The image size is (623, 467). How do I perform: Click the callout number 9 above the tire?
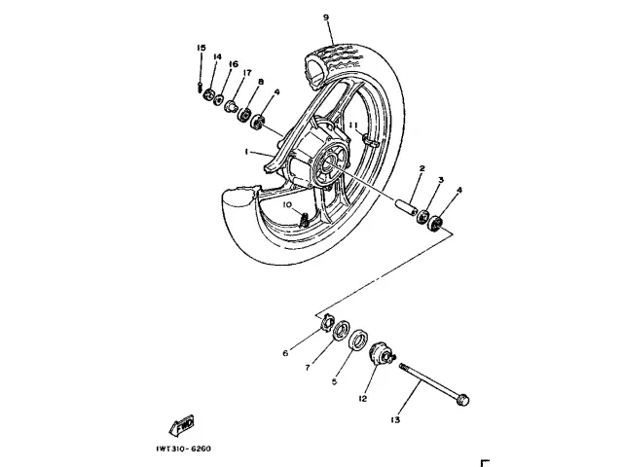click(x=326, y=17)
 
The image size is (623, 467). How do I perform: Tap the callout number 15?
click(x=201, y=48)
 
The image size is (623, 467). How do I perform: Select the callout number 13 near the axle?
click(x=394, y=420)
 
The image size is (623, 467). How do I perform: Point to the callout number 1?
click(x=247, y=152)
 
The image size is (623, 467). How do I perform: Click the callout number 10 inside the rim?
click(x=288, y=205)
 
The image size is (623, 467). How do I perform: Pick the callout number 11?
click(x=355, y=127)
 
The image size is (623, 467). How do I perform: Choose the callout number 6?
click(x=285, y=353)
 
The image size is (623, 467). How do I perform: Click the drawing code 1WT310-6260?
click(x=182, y=449)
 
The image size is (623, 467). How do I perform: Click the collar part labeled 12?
click(x=381, y=358)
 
